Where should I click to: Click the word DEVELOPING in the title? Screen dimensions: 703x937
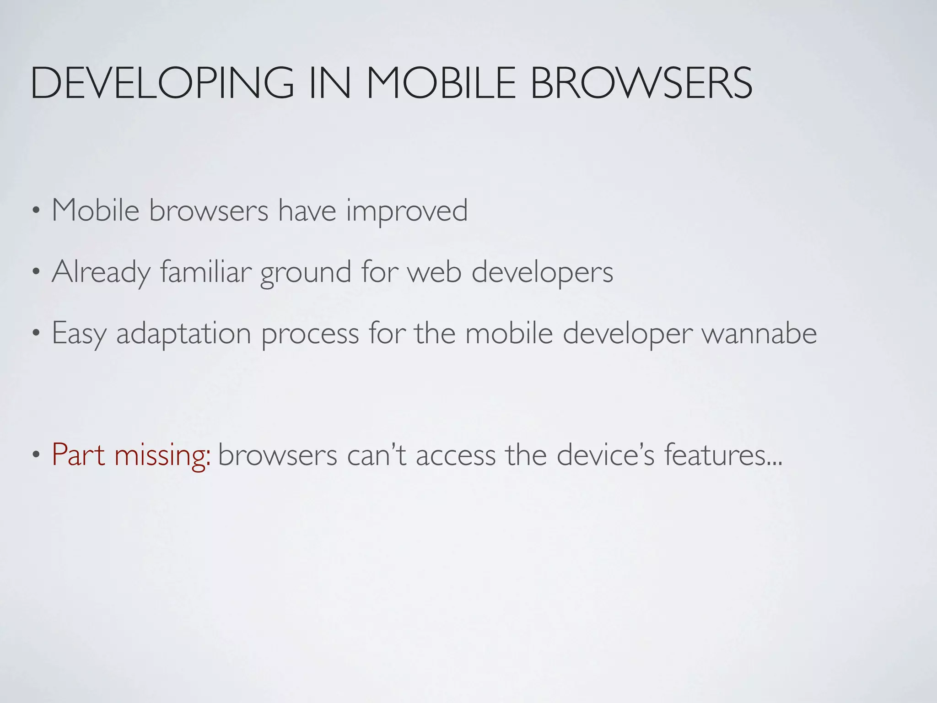pyautogui.click(x=162, y=83)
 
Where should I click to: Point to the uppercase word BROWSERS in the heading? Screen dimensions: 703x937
pyautogui.click(x=641, y=83)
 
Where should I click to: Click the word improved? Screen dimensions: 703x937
pyautogui.click(x=407, y=211)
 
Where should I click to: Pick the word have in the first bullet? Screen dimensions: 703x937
pyautogui.click(x=307, y=211)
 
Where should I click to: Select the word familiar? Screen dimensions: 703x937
pyautogui.click(x=206, y=271)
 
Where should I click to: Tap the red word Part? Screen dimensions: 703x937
pyautogui.click(x=79, y=455)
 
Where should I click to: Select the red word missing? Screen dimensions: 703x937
pyautogui.click(x=162, y=456)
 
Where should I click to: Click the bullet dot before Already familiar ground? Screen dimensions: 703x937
pyautogui.click(x=36, y=273)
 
